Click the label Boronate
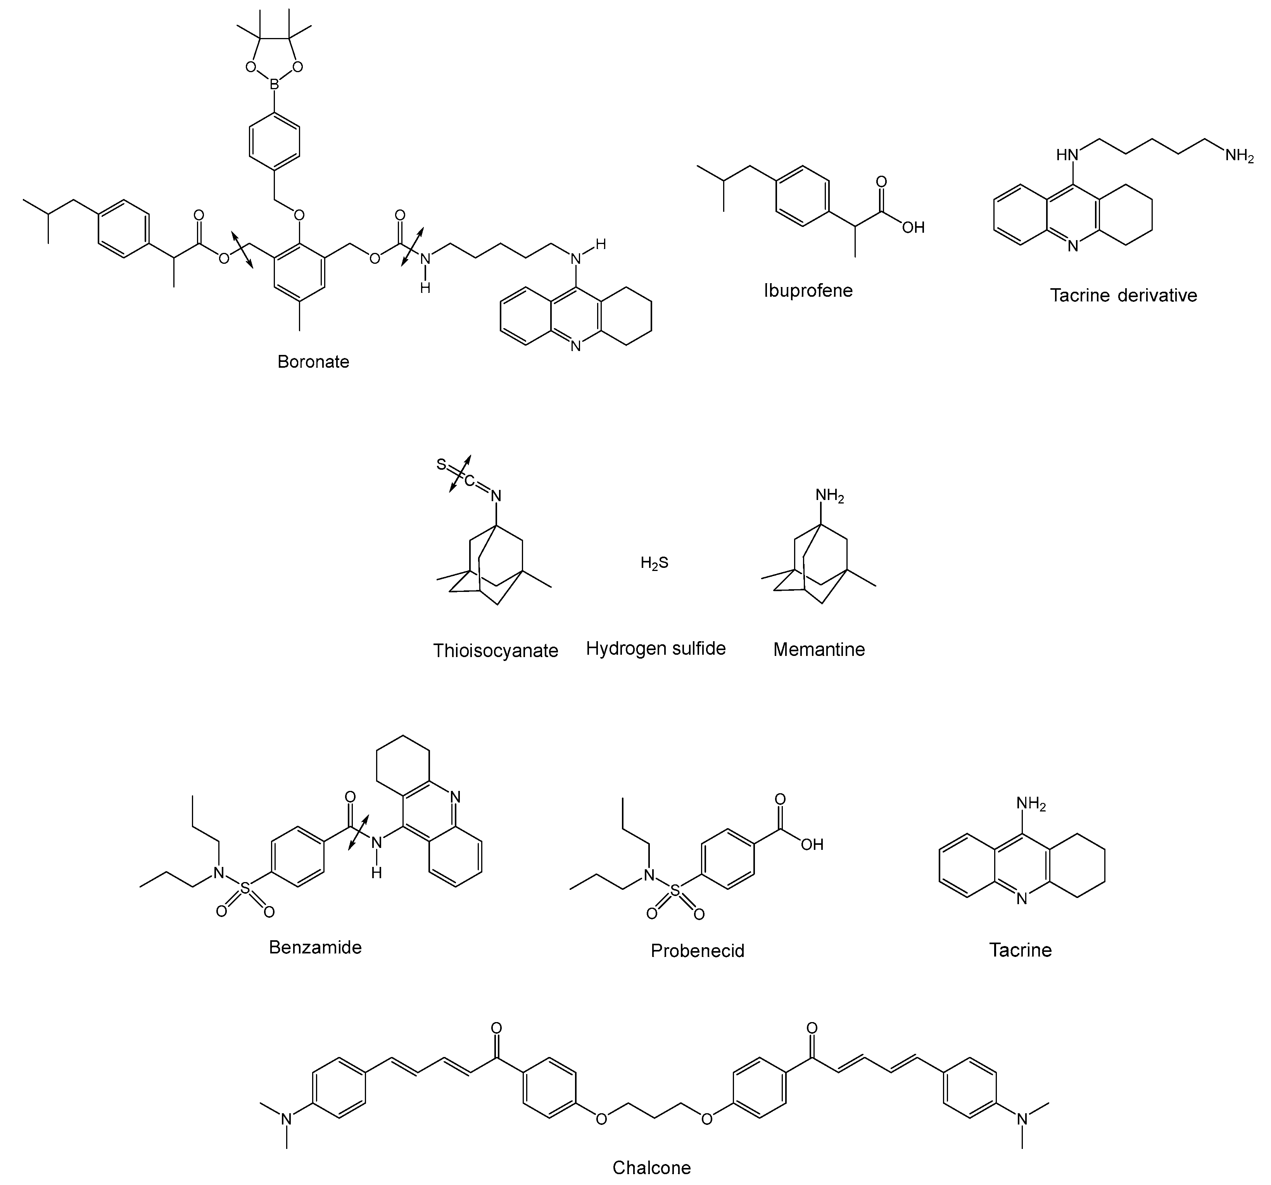[313, 362]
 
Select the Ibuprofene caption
[808, 291]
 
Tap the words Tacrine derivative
[1123, 296]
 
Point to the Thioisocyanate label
[496, 651]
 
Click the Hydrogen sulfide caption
[656, 649]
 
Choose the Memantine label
[819, 650]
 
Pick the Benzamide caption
[315, 947]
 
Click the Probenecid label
[698, 951]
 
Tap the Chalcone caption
[651, 1168]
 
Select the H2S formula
[654, 563]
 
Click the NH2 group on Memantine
[829, 496]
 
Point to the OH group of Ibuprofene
[914, 228]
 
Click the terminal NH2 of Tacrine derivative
[1240, 156]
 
